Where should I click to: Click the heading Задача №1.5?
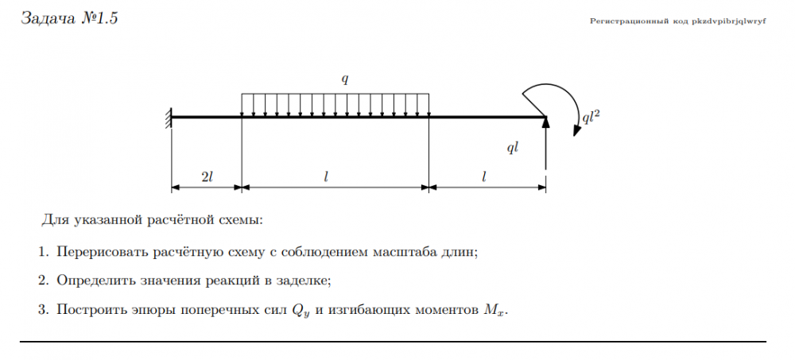[x=69, y=18]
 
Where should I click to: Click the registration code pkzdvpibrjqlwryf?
[x=730, y=21]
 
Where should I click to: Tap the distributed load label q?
[x=345, y=79]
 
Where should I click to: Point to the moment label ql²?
[x=591, y=118]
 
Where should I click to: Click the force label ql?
[x=513, y=148]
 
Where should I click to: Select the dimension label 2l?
[x=207, y=177]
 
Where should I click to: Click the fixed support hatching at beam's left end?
[x=169, y=118]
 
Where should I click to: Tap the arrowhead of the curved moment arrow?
[x=576, y=130]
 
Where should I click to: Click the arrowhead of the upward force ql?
[x=545, y=121]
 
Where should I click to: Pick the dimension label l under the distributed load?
[x=327, y=177]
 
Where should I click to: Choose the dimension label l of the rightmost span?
[x=484, y=177]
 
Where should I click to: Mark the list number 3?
[x=42, y=309]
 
